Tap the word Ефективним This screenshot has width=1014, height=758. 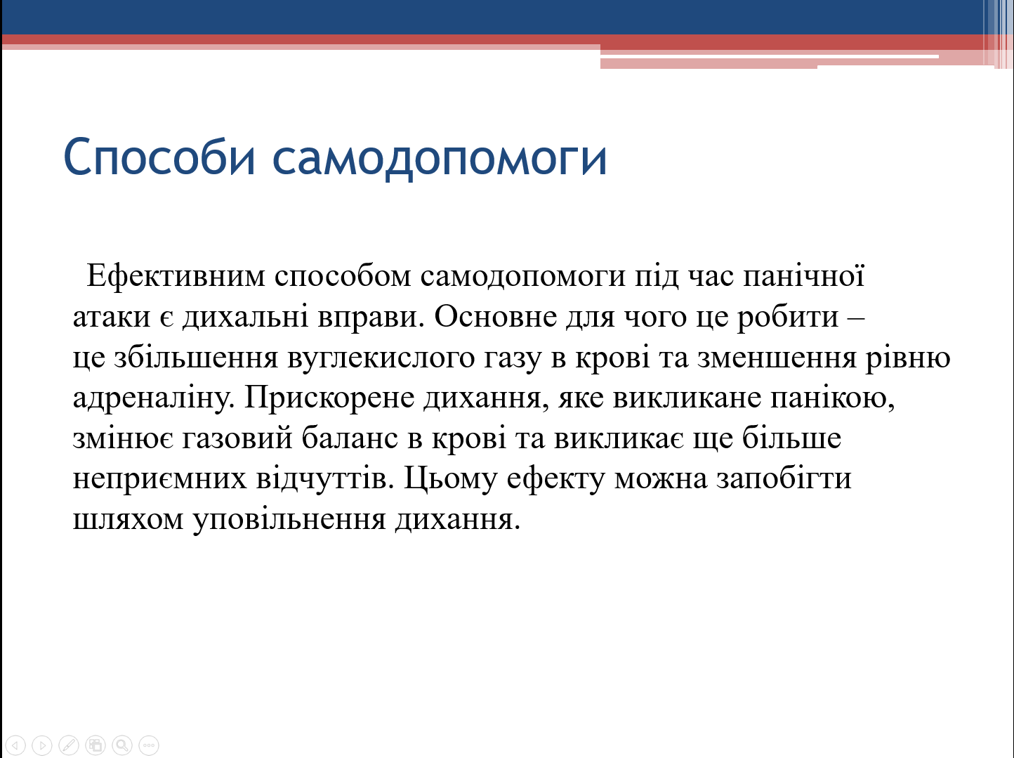pyautogui.click(x=176, y=275)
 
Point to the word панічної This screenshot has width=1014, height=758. pyautogui.click(x=804, y=276)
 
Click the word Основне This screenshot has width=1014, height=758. pyautogui.click(x=496, y=317)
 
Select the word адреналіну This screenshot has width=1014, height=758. pyautogui.click(x=154, y=398)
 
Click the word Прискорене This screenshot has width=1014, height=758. pyautogui.click(x=329, y=398)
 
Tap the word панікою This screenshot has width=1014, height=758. pyautogui.click(x=832, y=398)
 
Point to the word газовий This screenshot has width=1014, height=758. pyautogui.click(x=237, y=438)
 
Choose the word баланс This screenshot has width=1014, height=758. pyautogui.click(x=350, y=438)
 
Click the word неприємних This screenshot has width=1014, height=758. pyautogui.click(x=160, y=479)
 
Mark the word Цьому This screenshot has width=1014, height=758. pyautogui.click(x=450, y=479)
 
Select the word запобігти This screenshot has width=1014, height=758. pyautogui.click(x=784, y=478)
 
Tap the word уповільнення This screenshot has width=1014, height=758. pyautogui.click(x=289, y=520)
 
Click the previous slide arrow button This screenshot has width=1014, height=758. pyautogui.click(x=15, y=745)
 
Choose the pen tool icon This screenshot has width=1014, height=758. pyautogui.click(x=69, y=745)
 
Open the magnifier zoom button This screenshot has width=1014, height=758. pyautogui.click(x=122, y=745)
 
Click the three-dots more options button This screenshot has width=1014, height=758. pyautogui.click(x=149, y=745)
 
